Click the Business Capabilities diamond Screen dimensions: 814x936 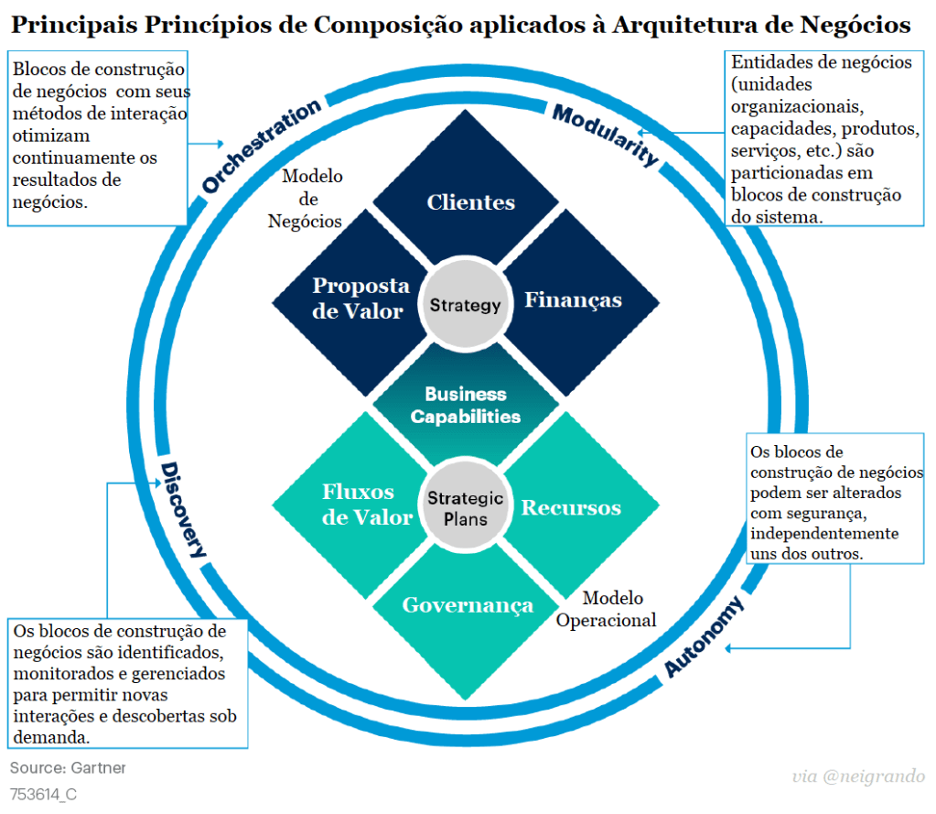[x=466, y=406]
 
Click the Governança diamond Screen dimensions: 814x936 [x=468, y=605]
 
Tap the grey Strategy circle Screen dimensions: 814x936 [x=466, y=305]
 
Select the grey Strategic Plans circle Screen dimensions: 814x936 [x=466, y=508]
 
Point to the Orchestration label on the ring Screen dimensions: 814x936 [x=261, y=144]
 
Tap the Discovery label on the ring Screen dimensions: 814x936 [x=184, y=509]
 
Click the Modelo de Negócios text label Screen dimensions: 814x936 [x=310, y=199]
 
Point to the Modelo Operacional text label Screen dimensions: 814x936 [x=608, y=610]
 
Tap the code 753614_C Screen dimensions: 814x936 [x=43, y=794]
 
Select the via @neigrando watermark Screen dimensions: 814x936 [x=857, y=777]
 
